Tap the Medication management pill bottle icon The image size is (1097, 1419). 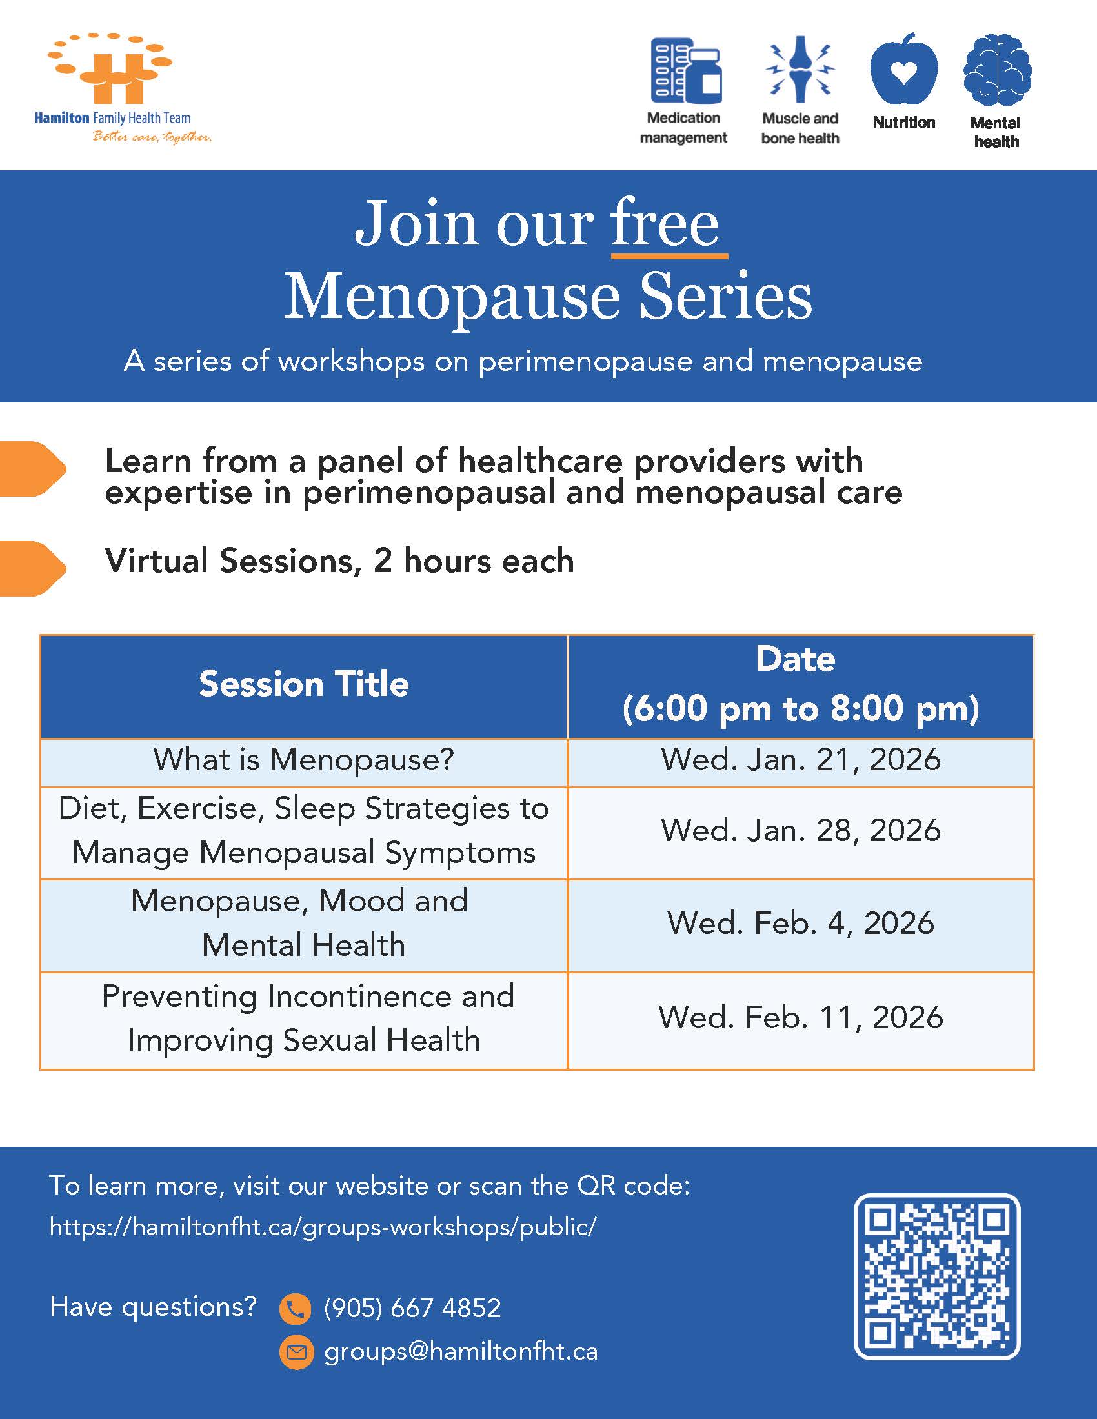[687, 70]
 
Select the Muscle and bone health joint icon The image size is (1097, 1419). [800, 69]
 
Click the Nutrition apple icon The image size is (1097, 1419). [903, 69]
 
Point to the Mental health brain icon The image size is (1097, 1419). [997, 70]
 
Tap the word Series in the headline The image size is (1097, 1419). [725, 296]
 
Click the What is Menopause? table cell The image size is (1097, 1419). [303, 762]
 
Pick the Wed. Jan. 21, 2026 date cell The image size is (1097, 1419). [801, 762]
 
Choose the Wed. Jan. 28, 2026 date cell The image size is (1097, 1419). [801, 833]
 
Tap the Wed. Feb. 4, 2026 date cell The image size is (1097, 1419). [801, 926]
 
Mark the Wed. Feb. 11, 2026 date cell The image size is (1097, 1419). [801, 1020]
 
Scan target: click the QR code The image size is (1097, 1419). [937, 1276]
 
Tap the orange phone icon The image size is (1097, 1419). [296, 1309]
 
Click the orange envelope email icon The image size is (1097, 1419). [296, 1353]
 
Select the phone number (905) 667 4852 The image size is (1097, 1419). [413, 1309]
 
